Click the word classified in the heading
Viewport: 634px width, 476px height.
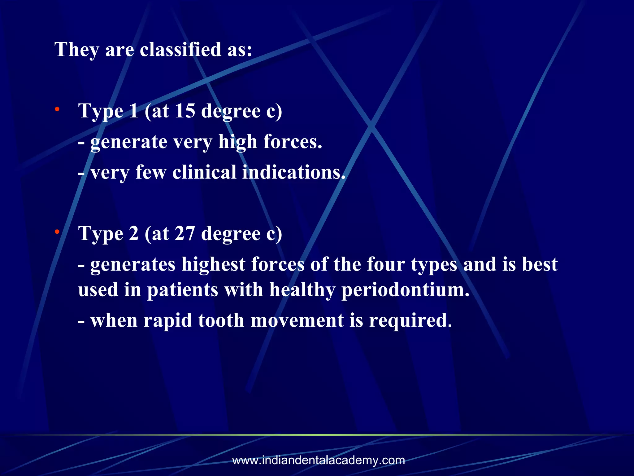coord(180,50)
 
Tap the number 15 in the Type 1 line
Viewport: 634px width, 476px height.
coord(185,111)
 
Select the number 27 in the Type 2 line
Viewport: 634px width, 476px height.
coord(185,233)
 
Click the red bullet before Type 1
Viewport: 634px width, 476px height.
coord(57,109)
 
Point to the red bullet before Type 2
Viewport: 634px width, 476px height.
coord(57,232)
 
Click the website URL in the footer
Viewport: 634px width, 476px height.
coord(319,460)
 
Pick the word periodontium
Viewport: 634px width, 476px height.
coord(405,290)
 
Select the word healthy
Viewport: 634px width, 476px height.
coord(302,290)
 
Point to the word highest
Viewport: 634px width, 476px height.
coord(213,264)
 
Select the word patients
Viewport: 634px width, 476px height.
coord(182,290)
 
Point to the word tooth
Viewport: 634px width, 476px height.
coord(221,320)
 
